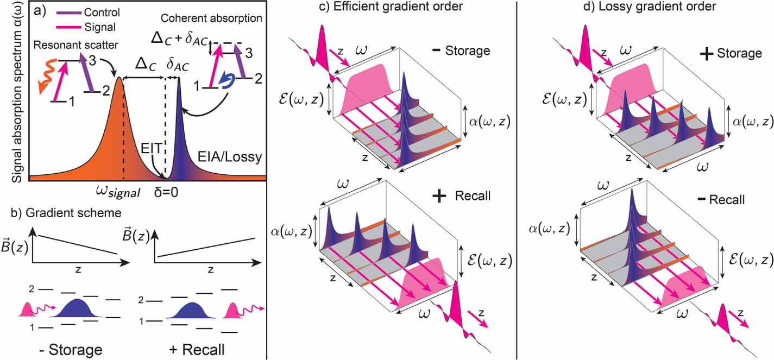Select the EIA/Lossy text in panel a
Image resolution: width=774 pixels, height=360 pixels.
[x=230, y=157]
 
